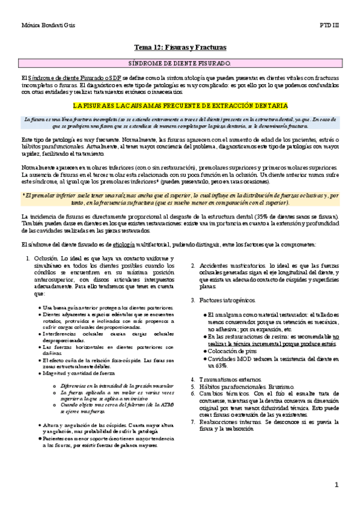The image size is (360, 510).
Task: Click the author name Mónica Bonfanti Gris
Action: pos(46,27)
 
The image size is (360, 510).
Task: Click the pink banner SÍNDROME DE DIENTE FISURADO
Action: pos(180,63)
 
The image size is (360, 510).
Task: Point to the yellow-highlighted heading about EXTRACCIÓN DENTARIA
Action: pos(180,105)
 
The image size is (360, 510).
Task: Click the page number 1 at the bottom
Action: pos(337,484)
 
